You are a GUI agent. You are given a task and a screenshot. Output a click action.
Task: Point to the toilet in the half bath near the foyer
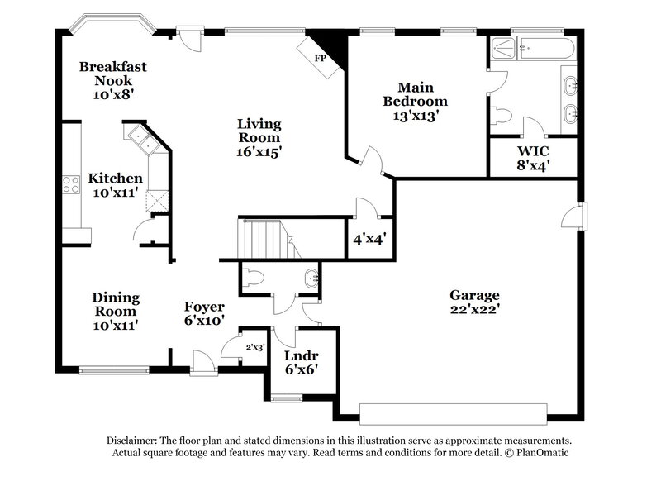(254, 278)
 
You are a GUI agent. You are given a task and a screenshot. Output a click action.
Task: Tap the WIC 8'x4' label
(534, 157)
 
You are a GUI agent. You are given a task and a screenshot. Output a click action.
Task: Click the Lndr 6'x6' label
(301, 362)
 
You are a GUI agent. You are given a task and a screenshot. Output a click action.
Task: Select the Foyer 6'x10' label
(204, 314)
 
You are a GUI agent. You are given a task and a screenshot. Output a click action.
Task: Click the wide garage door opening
(454, 412)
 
